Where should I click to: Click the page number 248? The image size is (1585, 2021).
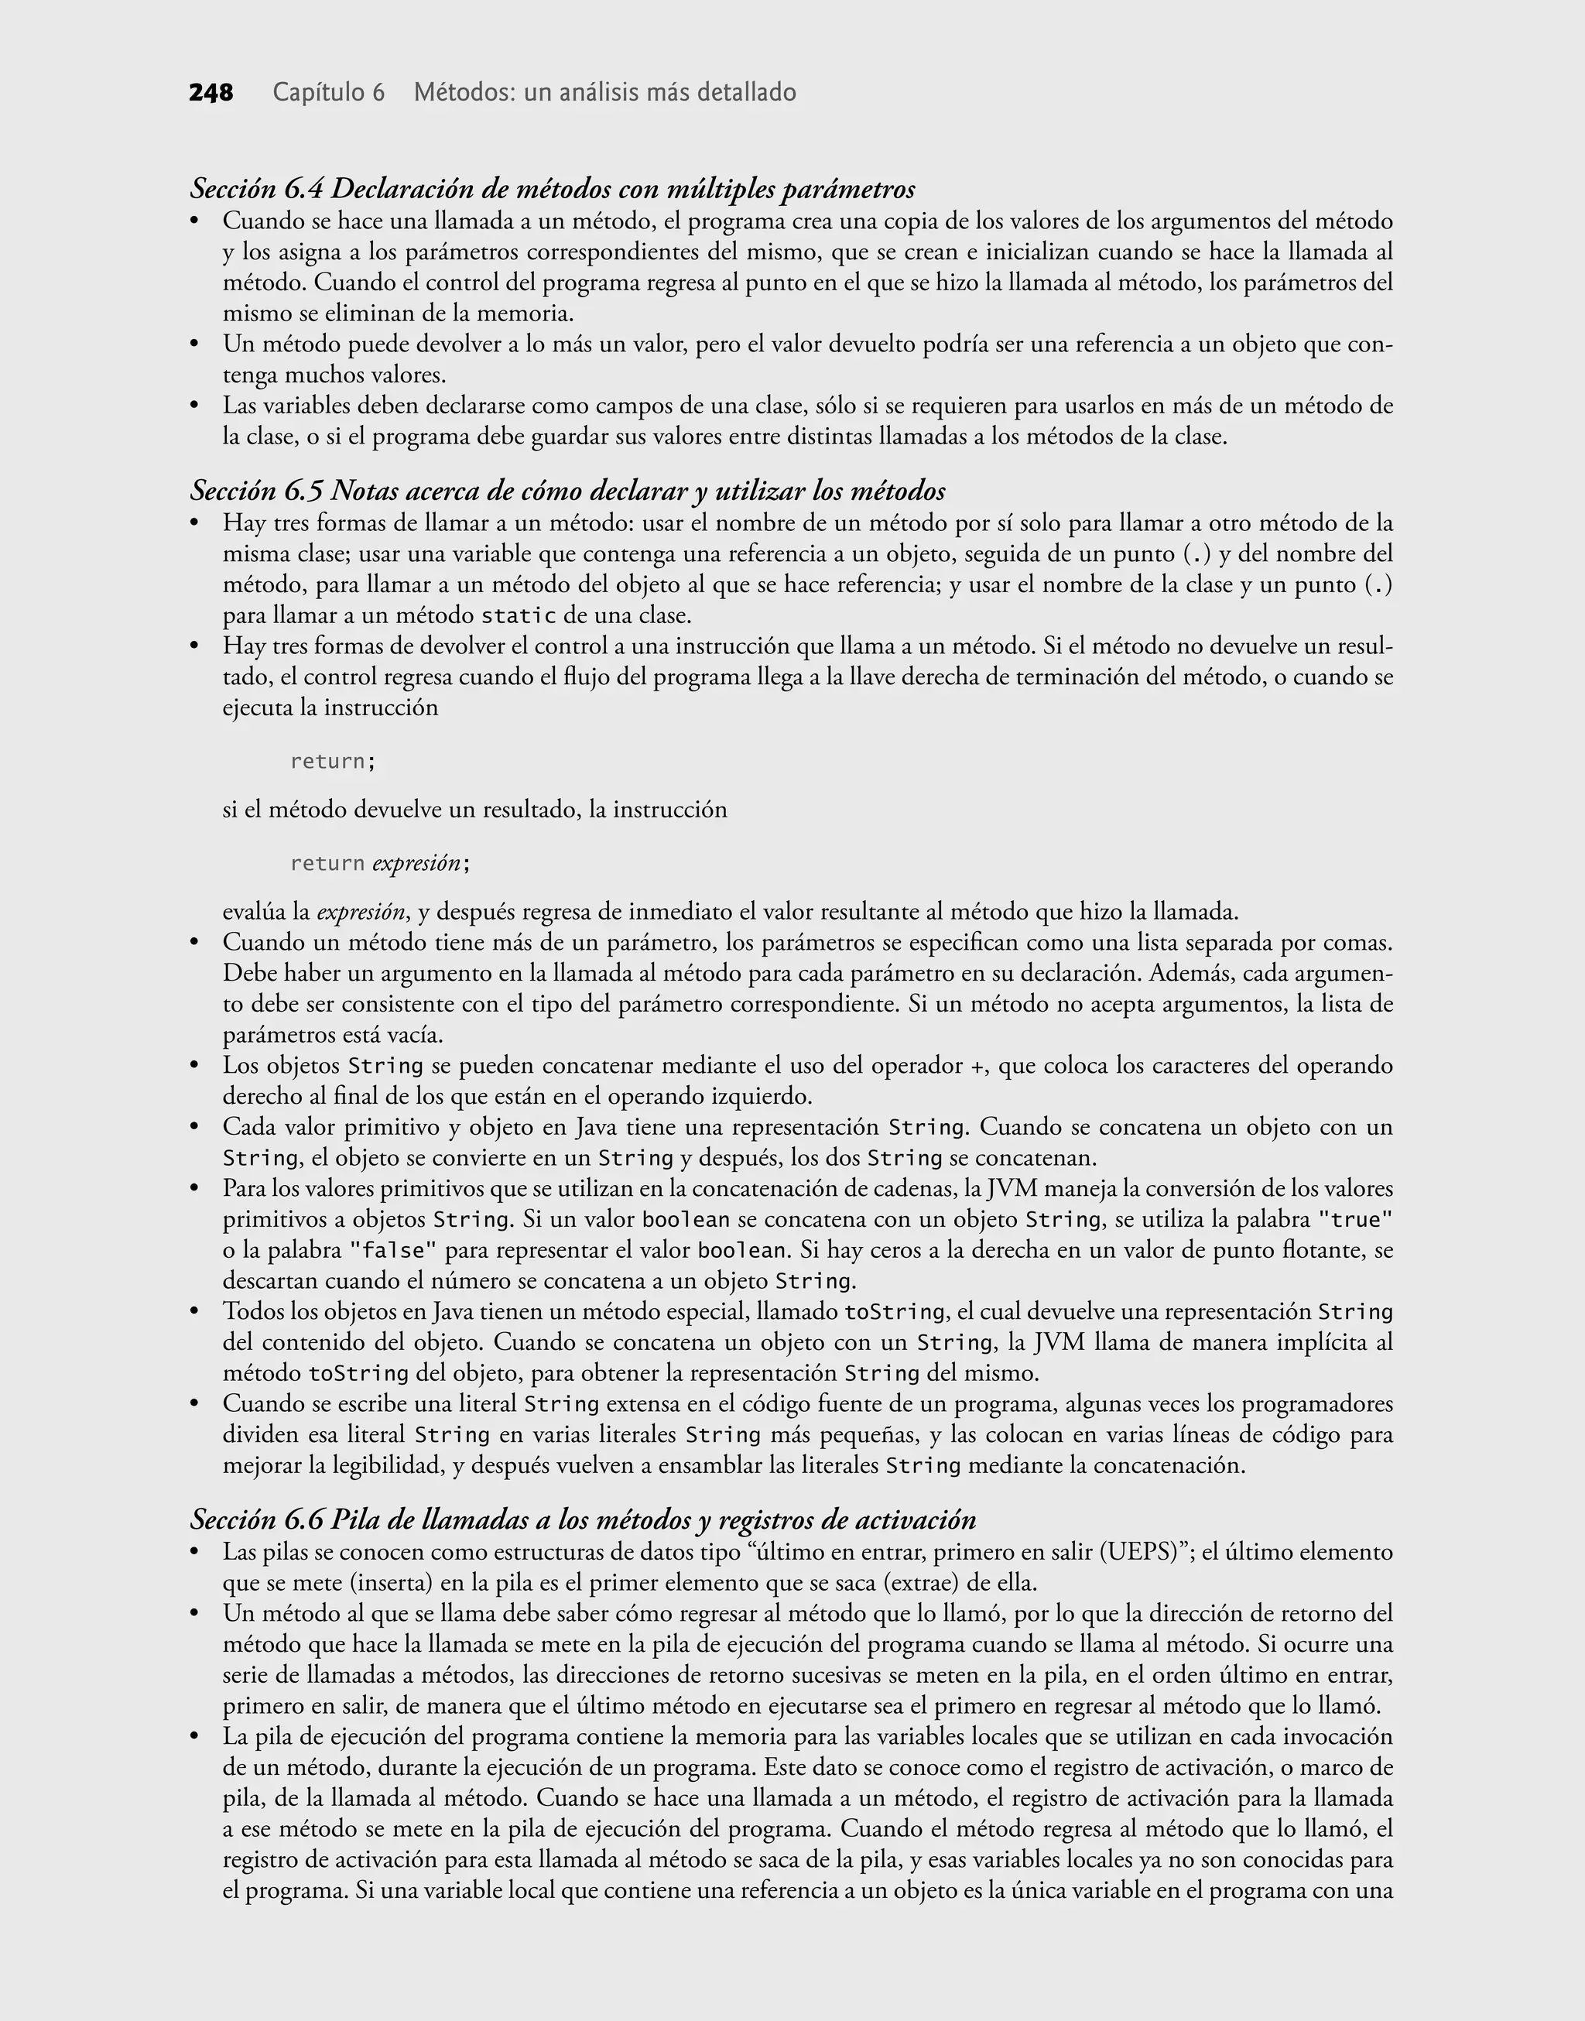[x=211, y=93]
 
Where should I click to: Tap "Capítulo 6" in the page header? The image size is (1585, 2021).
[x=328, y=93]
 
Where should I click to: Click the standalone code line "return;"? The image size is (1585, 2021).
[x=332, y=762]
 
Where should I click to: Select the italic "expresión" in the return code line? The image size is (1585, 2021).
[x=415, y=864]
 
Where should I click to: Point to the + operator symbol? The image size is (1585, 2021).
[x=976, y=1066]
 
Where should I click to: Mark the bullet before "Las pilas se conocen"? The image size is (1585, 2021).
[x=195, y=1553]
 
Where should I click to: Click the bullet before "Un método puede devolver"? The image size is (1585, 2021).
[x=195, y=345]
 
